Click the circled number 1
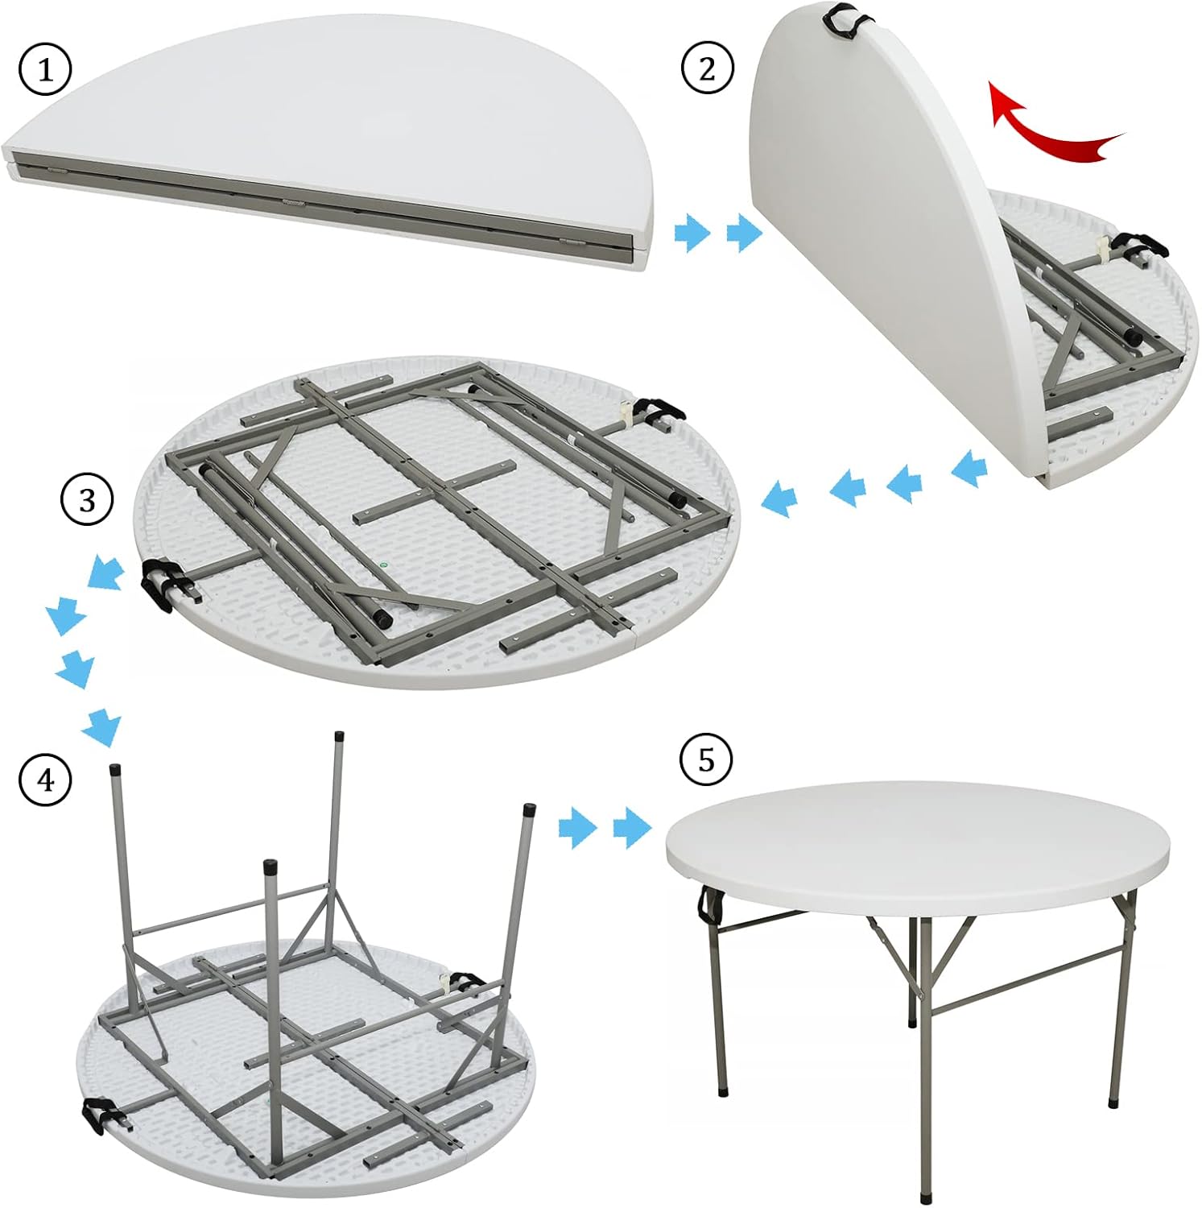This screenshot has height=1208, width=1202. coord(45,70)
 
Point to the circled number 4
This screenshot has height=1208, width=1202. coord(45,780)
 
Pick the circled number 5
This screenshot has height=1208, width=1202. coord(706,759)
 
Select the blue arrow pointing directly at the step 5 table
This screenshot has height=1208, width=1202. coord(631,829)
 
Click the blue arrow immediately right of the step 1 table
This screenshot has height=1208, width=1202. coord(692,234)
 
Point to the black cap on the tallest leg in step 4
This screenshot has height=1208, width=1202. coord(339,736)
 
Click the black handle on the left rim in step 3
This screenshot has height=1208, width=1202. coord(158,584)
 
